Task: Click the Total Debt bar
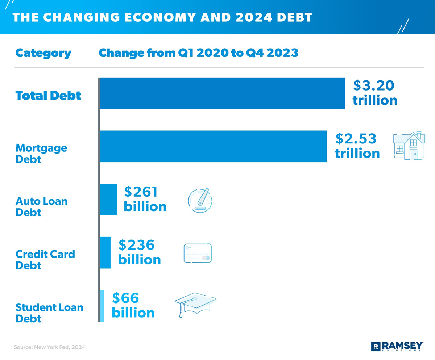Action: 222,93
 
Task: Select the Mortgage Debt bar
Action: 213,146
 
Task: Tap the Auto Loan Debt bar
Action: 108,200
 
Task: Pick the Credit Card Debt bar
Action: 105,253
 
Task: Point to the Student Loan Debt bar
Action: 102,306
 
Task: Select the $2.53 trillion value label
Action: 357,146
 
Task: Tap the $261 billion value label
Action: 145,199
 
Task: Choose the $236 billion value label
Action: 139,252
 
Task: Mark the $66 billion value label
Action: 133,305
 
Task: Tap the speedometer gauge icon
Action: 200,199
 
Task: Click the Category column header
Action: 43,53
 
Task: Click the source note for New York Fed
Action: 50,347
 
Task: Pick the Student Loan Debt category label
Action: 49,313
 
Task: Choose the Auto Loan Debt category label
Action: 41,206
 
